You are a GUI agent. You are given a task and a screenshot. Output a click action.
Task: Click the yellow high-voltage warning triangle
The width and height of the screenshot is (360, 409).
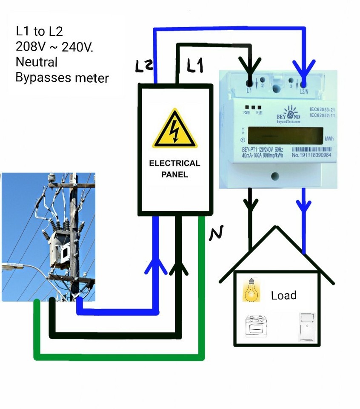[175, 130]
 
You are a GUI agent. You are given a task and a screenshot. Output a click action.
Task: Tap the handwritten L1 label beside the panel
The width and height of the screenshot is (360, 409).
[195, 65]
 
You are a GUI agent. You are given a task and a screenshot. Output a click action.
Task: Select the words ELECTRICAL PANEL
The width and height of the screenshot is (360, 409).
[174, 169]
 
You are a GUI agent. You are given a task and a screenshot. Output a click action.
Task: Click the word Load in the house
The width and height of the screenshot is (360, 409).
[283, 295]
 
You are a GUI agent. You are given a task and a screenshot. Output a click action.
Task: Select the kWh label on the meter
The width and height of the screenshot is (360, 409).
[329, 139]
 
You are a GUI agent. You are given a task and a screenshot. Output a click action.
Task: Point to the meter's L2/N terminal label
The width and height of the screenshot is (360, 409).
[303, 90]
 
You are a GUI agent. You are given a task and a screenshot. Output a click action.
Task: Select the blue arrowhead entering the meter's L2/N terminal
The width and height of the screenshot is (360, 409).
[303, 69]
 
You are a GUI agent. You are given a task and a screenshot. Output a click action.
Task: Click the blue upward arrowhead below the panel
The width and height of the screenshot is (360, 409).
[156, 265]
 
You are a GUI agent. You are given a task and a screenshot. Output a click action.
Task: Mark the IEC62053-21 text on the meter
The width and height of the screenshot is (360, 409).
[323, 109]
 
